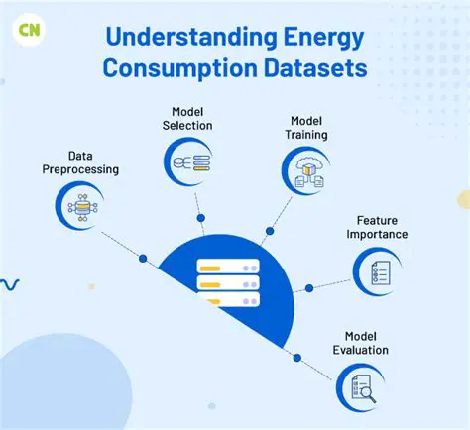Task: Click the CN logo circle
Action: coord(27,28)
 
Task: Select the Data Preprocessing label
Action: coord(80,162)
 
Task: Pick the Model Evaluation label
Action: coord(364,343)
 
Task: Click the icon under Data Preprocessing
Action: coord(78,206)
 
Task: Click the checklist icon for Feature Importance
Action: coord(377,270)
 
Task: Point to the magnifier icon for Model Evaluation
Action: coord(360,385)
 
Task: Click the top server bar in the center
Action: coord(228,267)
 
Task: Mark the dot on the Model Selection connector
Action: coord(201,217)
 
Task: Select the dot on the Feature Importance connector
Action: coord(309,288)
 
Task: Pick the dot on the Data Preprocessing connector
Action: coord(143,258)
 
